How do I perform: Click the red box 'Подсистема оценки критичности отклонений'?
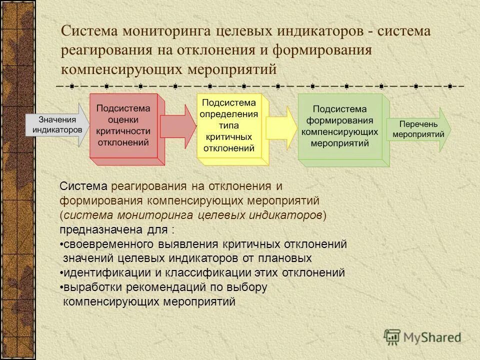pyautogui.click(x=123, y=125)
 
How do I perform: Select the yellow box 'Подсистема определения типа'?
pyautogui.click(x=228, y=125)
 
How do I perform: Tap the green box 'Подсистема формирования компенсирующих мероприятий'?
pyautogui.click(x=339, y=126)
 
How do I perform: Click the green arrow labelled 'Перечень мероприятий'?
pyautogui.click(x=418, y=129)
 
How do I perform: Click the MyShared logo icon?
pyautogui.click(x=392, y=338)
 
